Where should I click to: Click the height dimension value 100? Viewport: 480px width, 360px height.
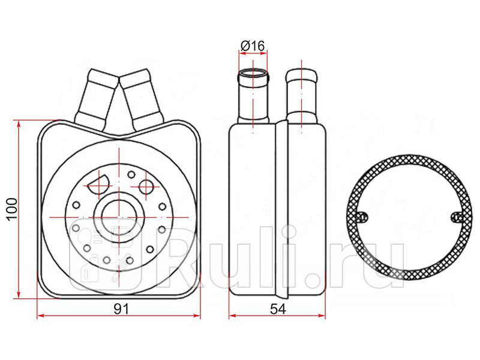coord(11,209)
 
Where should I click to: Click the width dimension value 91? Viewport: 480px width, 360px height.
coord(122,309)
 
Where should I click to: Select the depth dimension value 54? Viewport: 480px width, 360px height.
coord(278,309)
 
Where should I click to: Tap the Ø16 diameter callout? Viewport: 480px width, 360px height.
coord(253,46)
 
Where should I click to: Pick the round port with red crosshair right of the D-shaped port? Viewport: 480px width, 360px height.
coord(146,187)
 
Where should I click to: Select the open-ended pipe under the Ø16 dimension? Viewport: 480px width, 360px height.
coord(253,96)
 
